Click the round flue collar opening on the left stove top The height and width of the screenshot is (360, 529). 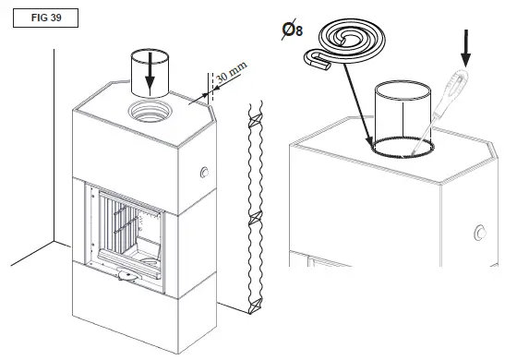[149, 115]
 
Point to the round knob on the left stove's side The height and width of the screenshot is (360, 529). [202, 173]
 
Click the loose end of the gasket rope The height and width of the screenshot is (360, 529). [319, 63]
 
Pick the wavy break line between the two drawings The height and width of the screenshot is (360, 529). [251, 212]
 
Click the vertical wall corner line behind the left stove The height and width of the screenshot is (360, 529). [50, 138]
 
